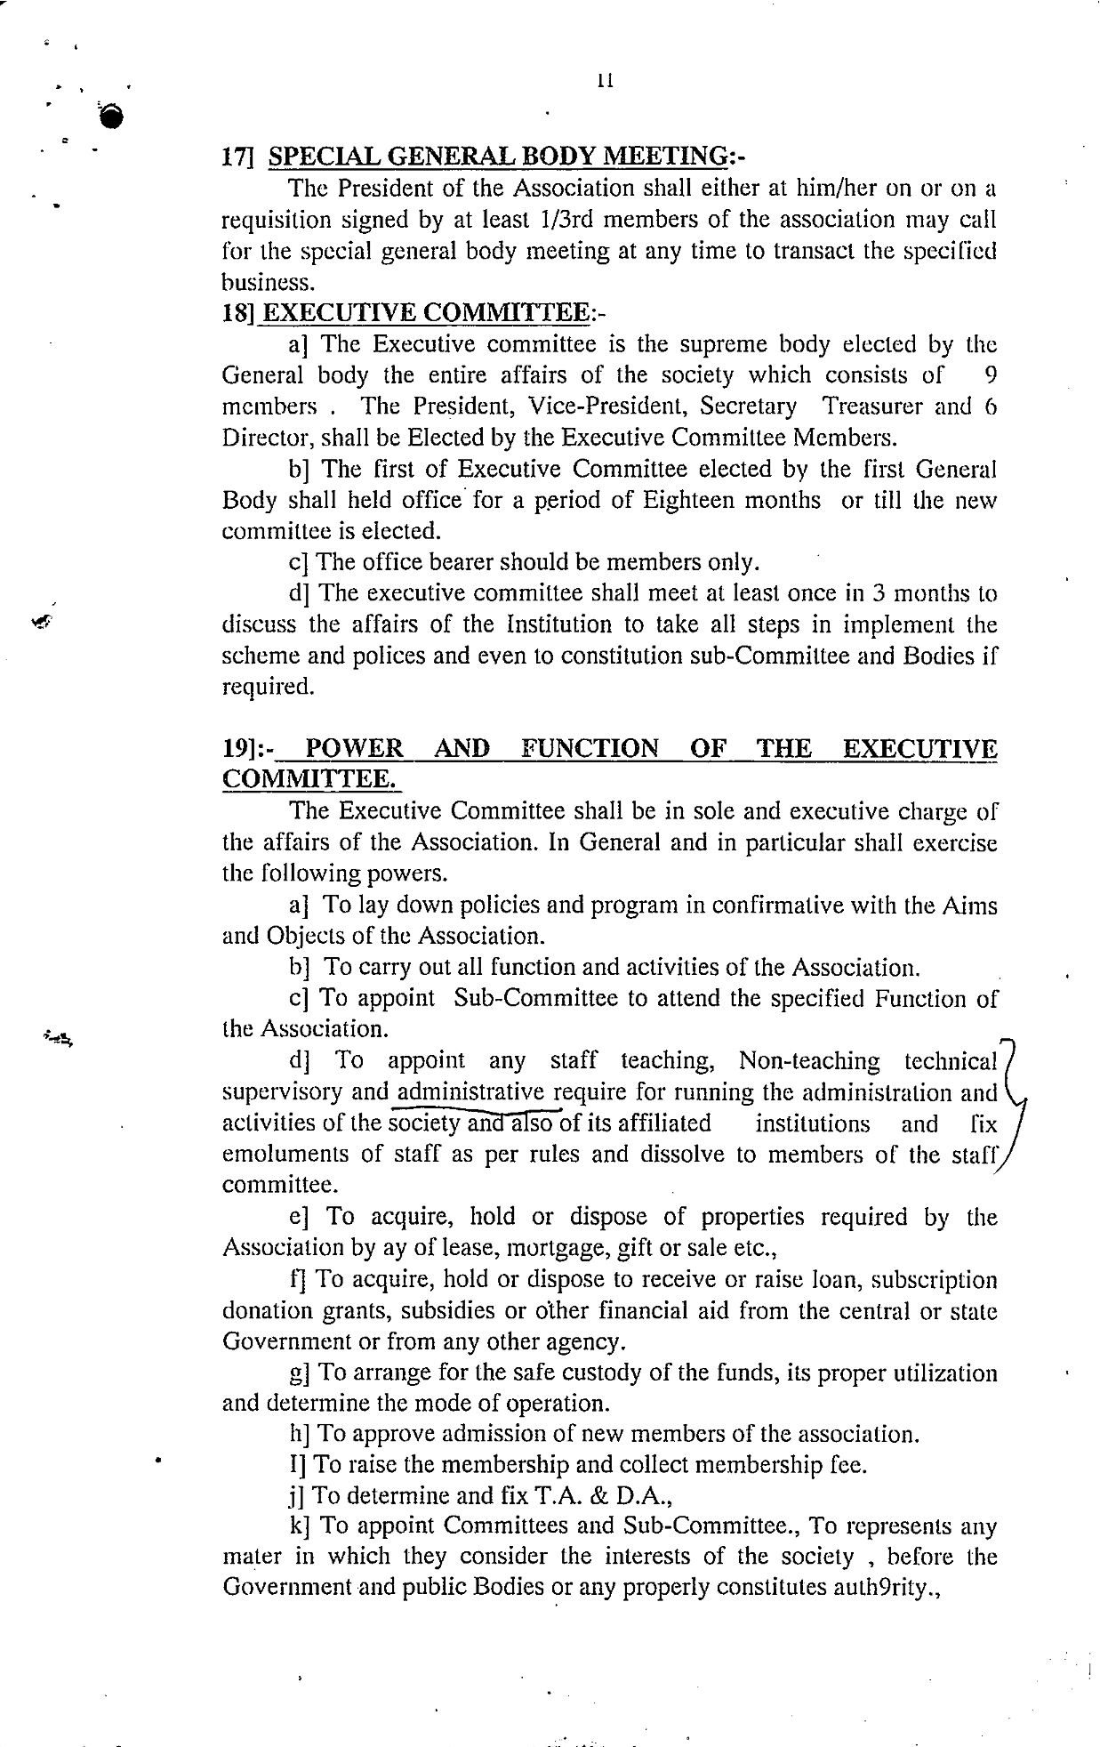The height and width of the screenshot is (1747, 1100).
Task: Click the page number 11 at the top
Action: (x=606, y=81)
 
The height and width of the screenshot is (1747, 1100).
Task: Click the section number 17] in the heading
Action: (x=238, y=157)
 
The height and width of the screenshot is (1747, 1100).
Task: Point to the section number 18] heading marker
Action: (x=238, y=313)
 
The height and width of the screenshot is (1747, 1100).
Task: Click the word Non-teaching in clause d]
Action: (x=809, y=1062)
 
